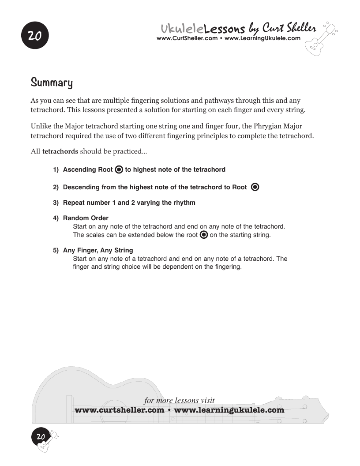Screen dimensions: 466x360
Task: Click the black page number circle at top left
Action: (x=34, y=36)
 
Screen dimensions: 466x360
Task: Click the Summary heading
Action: (x=52, y=83)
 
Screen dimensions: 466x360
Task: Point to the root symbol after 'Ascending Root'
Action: (x=119, y=169)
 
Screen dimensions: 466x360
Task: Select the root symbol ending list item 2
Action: (x=255, y=187)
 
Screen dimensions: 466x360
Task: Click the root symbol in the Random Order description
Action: (x=204, y=235)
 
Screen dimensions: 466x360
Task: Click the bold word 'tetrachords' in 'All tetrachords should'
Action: (x=60, y=152)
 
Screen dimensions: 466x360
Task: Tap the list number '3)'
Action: (x=56, y=203)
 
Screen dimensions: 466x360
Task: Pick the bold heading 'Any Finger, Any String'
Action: (x=98, y=250)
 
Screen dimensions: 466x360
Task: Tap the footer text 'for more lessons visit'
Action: (x=179, y=401)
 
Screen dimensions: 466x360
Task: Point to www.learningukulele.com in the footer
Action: (x=229, y=410)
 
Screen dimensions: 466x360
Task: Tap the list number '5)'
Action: (x=56, y=250)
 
